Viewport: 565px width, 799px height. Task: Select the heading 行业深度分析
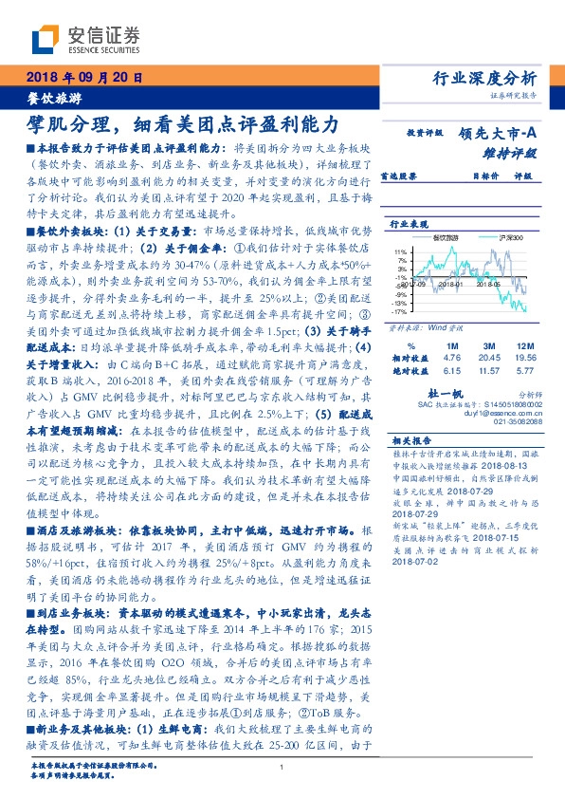click(x=484, y=78)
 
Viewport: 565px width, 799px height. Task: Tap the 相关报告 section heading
click(x=410, y=440)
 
